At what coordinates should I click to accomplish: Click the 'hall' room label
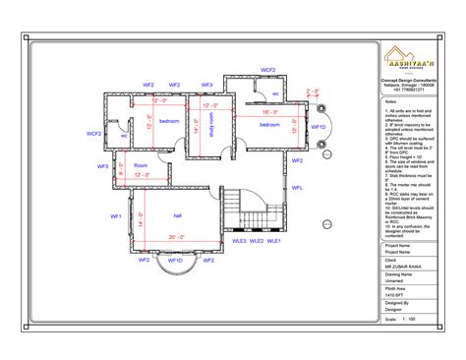pos(178,214)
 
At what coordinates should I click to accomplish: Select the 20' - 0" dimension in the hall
pos(176,237)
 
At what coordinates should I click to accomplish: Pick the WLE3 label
pos(238,240)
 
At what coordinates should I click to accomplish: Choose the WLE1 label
pos(274,240)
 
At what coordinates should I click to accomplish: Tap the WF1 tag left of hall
pos(115,215)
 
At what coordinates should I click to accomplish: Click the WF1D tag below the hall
pos(175,261)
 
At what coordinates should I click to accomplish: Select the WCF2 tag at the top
pos(267,70)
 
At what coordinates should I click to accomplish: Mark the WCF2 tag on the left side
pos(94,133)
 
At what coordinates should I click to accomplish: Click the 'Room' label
pos(141,165)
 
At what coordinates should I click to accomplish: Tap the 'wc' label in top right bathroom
pos(275,94)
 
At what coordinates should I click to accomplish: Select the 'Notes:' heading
pos(390,100)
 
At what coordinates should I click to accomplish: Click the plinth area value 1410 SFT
pos(395,294)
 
